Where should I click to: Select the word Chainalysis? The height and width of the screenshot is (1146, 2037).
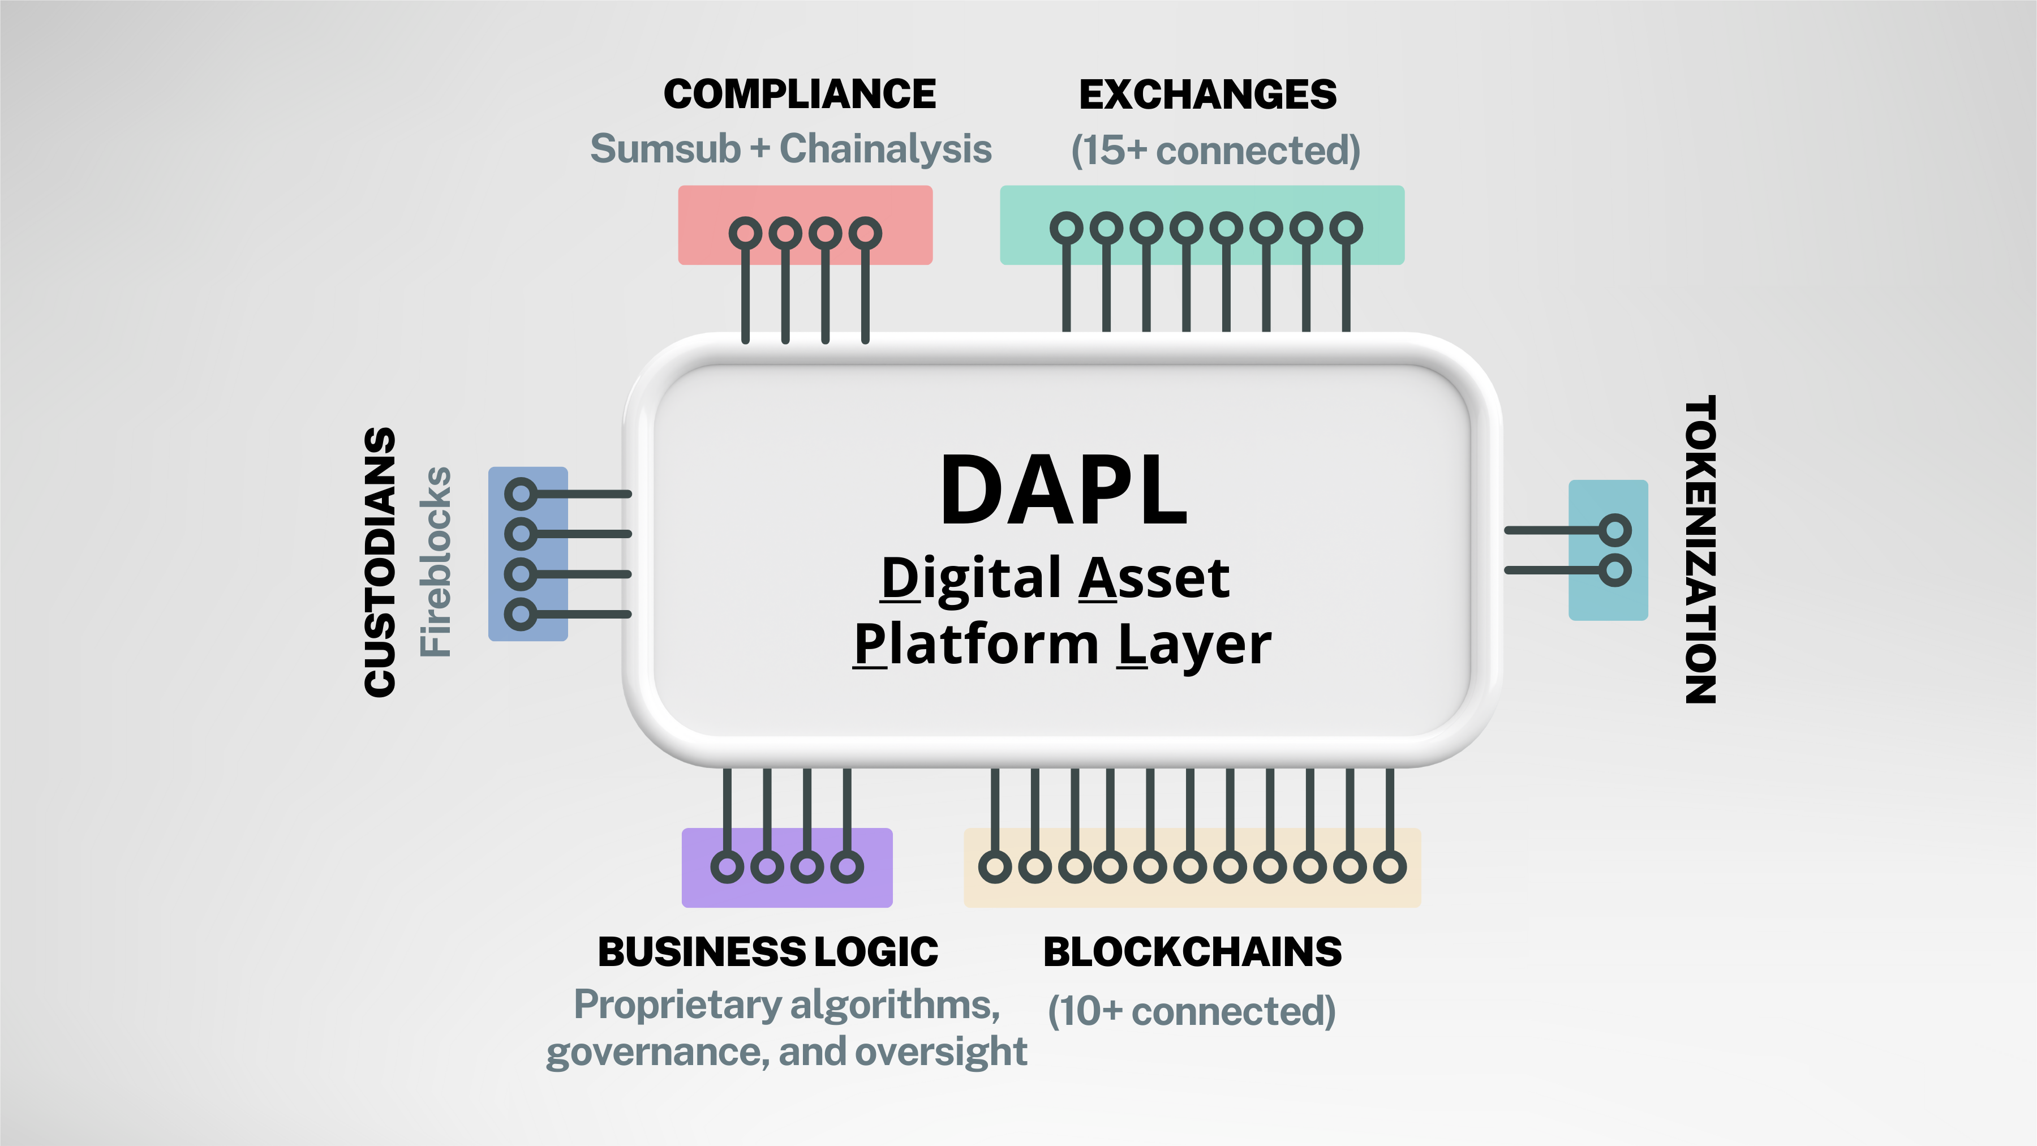(886, 149)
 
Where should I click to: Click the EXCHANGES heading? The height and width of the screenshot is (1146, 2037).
(1207, 95)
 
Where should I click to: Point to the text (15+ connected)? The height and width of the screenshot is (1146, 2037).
(1215, 151)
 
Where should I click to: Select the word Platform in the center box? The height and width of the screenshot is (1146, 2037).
(976, 645)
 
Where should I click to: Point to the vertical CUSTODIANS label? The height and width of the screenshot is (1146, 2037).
(380, 563)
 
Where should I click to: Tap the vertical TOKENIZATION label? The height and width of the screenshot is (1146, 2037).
(1700, 550)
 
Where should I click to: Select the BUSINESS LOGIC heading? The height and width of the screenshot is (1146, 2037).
(768, 951)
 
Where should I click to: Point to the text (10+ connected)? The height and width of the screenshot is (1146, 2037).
(1192, 1011)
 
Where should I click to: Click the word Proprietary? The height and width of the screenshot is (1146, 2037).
(678, 1005)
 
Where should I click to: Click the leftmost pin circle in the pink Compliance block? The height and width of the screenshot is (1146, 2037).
(745, 233)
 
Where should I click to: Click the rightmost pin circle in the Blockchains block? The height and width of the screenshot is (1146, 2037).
(1389, 867)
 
